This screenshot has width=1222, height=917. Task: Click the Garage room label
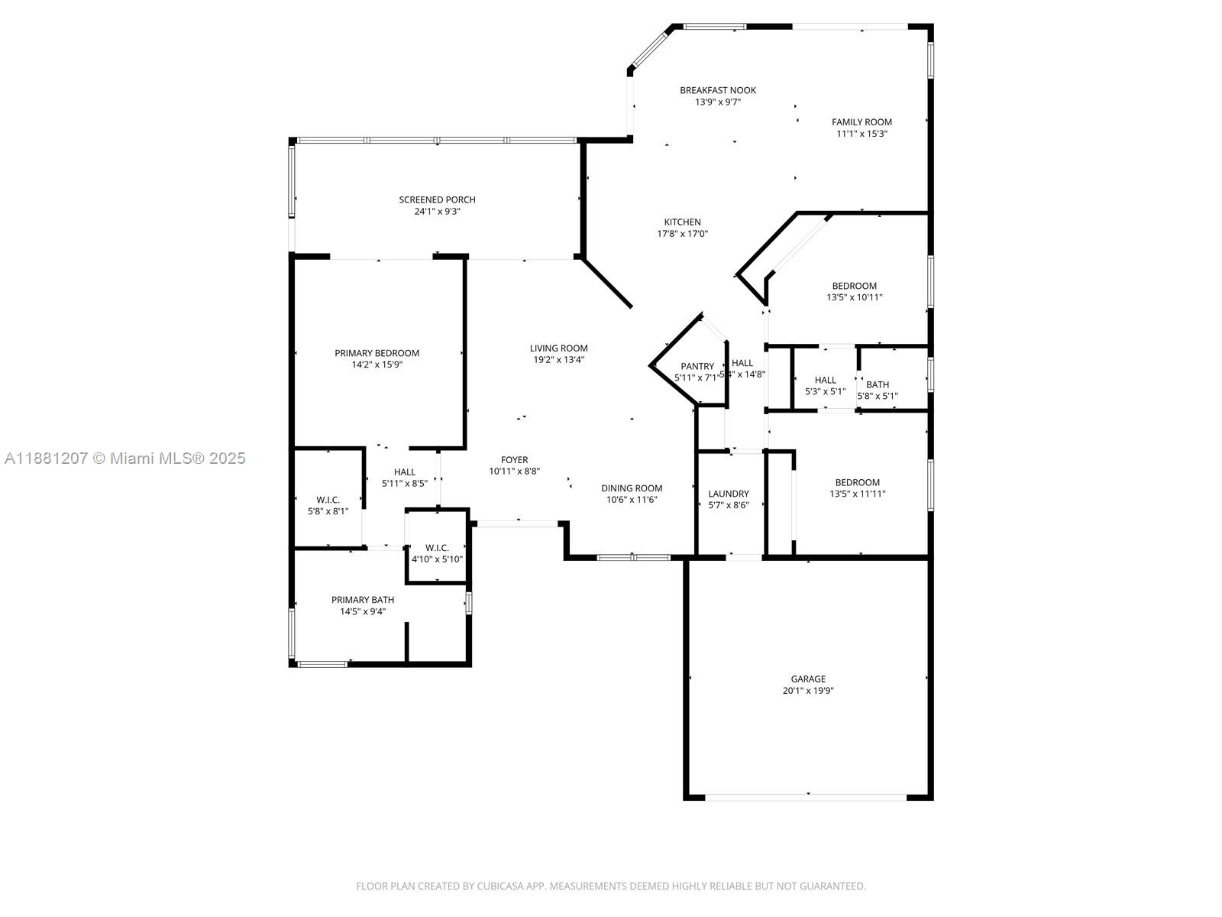click(807, 679)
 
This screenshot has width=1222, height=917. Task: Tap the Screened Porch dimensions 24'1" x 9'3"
click(437, 212)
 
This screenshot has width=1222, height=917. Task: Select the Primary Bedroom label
click(377, 353)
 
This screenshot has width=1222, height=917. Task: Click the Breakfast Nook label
click(718, 90)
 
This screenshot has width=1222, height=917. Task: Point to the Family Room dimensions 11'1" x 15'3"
click(862, 134)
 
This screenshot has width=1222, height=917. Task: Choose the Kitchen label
click(682, 222)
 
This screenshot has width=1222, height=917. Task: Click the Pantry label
click(697, 367)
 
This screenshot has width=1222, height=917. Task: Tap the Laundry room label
click(728, 494)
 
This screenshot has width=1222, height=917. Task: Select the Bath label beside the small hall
click(878, 384)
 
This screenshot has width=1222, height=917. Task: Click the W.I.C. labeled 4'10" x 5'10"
click(437, 548)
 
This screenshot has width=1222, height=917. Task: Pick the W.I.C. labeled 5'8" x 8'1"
click(328, 500)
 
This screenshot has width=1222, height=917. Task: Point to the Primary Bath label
click(363, 600)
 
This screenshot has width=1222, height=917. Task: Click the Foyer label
click(514, 460)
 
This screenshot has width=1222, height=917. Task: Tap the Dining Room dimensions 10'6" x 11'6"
click(632, 500)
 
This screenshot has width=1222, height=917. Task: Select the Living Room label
click(558, 348)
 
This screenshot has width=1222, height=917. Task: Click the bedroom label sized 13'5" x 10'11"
click(854, 286)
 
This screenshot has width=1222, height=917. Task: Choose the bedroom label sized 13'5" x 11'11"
click(857, 482)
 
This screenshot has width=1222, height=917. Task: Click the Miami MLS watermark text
click(124, 458)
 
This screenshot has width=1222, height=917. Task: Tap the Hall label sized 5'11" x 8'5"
click(404, 472)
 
